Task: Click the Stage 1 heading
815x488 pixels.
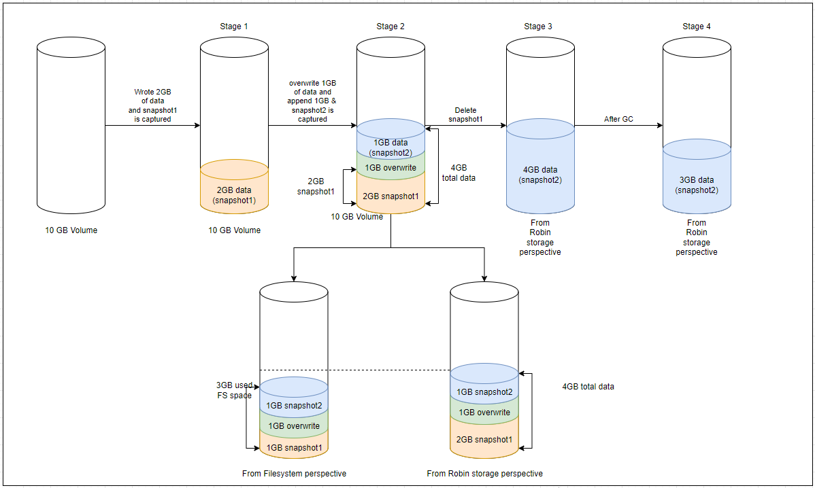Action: [234, 27]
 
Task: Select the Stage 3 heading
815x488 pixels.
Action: [538, 27]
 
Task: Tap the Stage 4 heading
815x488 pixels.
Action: [697, 27]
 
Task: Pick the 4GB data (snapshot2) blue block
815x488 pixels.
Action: [540, 175]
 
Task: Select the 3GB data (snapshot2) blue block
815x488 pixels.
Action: [697, 185]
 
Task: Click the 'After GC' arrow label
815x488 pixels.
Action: [618, 120]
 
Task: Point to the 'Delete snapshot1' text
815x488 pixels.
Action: [465, 115]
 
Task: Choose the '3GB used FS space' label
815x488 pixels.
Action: [233, 389]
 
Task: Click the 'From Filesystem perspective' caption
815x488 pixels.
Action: [294, 473]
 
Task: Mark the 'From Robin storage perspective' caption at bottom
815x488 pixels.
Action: [484, 473]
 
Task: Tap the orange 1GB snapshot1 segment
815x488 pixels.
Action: [294, 447]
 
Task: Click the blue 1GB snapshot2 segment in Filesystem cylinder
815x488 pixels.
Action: [294, 406]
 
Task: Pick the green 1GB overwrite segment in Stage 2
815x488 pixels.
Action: [390, 168]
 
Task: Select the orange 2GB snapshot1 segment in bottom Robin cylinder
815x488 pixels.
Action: [484, 439]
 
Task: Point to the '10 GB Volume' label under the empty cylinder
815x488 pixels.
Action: [71, 230]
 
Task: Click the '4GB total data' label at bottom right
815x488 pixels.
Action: [588, 387]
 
